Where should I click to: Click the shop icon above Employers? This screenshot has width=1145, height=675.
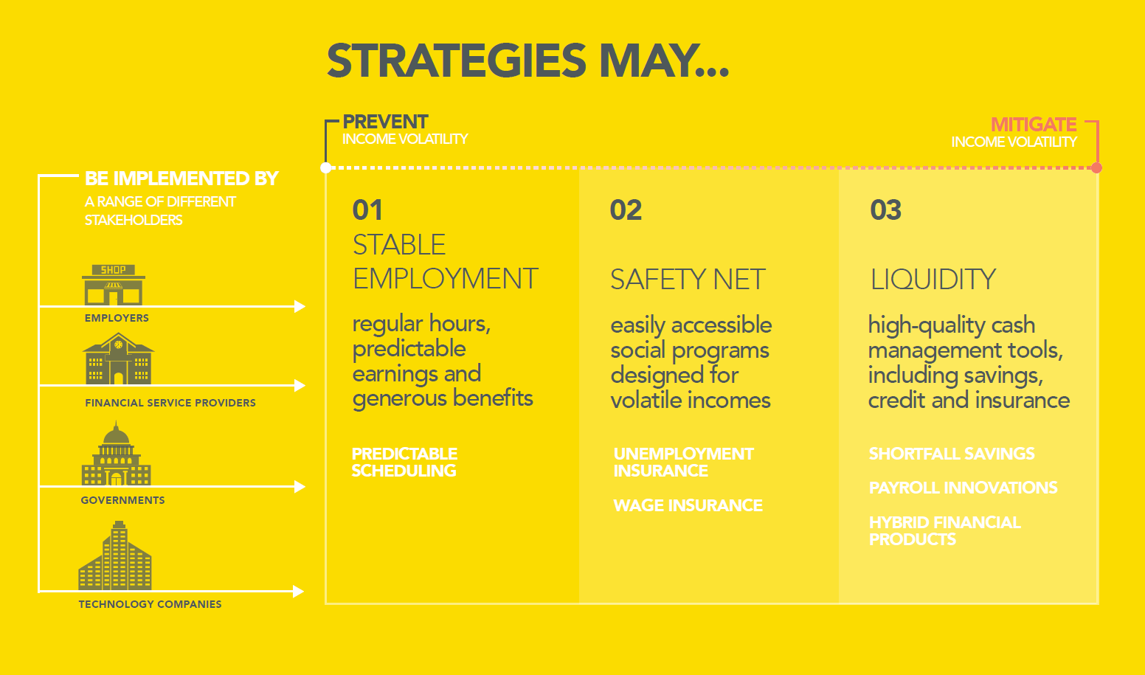114,285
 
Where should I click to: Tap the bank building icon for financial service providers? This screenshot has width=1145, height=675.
118,359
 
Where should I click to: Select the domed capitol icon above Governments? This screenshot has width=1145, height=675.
116,453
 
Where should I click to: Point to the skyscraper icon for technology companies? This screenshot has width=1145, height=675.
115,555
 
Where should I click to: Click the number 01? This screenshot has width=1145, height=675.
367,210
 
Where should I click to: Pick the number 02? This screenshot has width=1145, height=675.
626,210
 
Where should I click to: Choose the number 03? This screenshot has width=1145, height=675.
886,210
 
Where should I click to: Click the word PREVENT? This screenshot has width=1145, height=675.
385,122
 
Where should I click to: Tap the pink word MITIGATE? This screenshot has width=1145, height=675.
1034,124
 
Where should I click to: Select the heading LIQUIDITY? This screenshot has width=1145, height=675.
933,279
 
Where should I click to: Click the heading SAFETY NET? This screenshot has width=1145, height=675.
688,279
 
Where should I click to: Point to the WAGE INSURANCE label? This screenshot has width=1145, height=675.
688,505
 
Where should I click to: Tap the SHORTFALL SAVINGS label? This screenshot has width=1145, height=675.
952,453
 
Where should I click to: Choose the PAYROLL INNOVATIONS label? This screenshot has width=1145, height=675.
963,488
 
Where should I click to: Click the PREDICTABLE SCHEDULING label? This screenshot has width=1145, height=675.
404,462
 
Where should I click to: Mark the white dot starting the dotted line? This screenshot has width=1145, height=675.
325,167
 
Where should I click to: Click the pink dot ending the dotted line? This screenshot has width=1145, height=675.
1096,167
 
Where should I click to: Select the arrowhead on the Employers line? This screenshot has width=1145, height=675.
300,307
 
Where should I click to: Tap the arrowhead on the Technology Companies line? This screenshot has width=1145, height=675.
299,592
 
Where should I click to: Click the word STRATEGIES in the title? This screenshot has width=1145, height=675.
457,60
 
